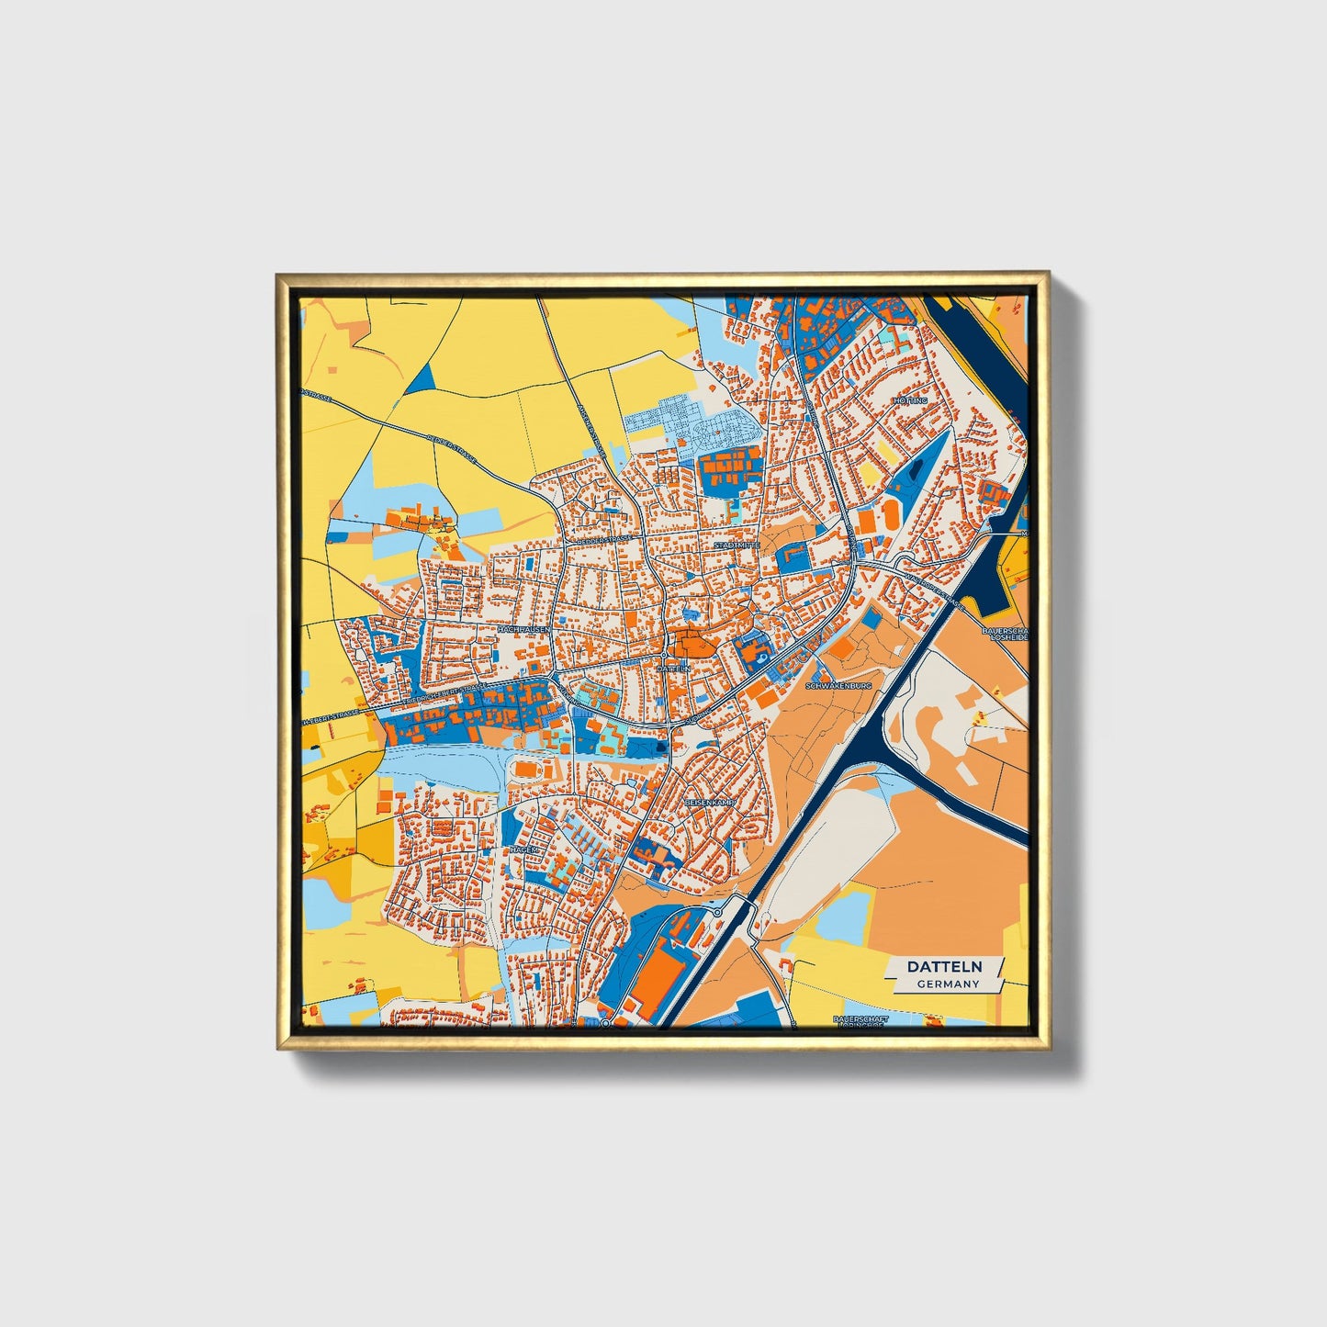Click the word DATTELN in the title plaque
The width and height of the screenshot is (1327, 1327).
pos(945,966)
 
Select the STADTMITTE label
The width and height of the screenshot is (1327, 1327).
pos(737,545)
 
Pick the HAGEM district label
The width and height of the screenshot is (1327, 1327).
pos(523,850)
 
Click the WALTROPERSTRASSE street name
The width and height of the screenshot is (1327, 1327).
pos(933,592)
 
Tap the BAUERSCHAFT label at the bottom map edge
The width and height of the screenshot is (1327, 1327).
pos(860,1020)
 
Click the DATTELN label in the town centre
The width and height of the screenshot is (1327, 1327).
pos(673,669)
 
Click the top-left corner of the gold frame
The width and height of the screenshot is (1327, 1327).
pos(277,274)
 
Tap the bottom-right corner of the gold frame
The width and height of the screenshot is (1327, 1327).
pos(1048,1049)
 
